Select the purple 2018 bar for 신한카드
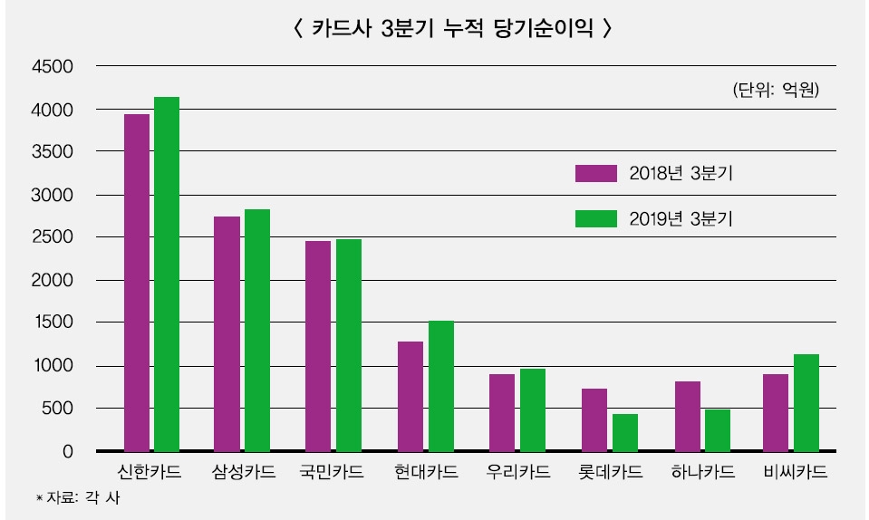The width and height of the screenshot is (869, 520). pyautogui.click(x=137, y=282)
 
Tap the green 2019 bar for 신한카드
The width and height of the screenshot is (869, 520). pyautogui.click(x=167, y=274)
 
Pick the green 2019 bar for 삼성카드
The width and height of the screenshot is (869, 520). pyautogui.click(x=257, y=330)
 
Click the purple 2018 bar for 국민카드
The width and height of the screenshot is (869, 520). pyautogui.click(x=318, y=345)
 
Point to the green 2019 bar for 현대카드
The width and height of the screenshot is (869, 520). pyautogui.click(x=441, y=386)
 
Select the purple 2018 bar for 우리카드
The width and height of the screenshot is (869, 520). pyautogui.click(x=502, y=412)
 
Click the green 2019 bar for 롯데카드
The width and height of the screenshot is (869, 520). pyautogui.click(x=625, y=432)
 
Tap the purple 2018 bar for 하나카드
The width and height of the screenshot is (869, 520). pyautogui.click(x=687, y=416)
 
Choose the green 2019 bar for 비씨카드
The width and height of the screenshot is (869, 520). pyautogui.click(x=806, y=402)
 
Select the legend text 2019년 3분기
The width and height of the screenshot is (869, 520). pyautogui.click(x=681, y=218)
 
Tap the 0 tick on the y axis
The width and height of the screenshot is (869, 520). pyautogui.click(x=67, y=451)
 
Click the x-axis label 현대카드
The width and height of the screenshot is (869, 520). pyautogui.click(x=426, y=473)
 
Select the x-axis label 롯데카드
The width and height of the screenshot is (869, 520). pyautogui.click(x=610, y=473)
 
